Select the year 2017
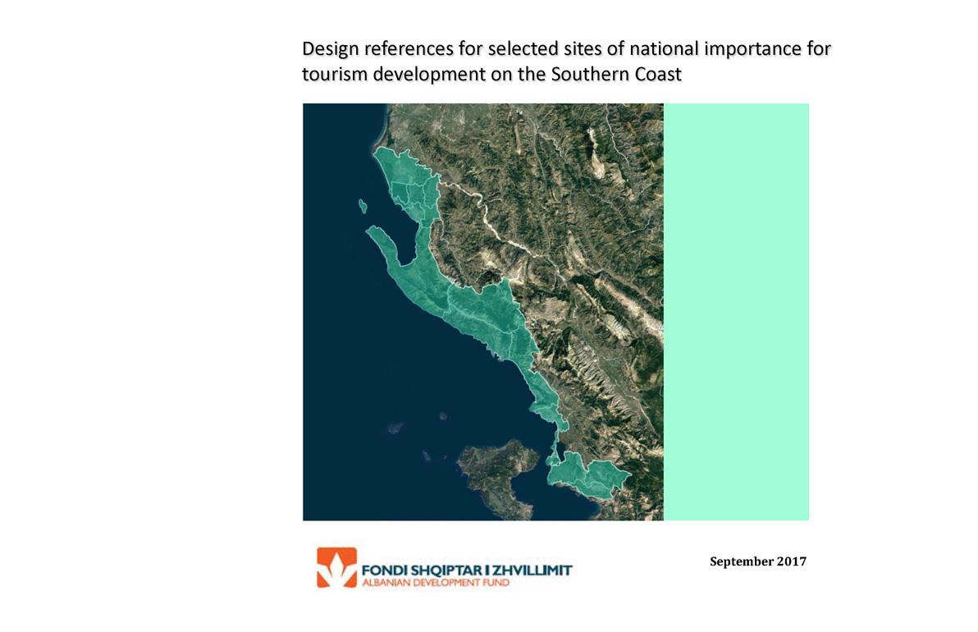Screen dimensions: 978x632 point(792,561)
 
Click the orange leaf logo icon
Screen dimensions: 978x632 point(337,567)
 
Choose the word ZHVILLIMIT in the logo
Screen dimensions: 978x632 point(532,570)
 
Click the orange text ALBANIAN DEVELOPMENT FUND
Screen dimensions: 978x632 point(436,583)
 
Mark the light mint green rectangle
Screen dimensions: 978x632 point(736,312)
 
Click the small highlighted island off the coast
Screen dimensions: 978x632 point(363,206)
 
